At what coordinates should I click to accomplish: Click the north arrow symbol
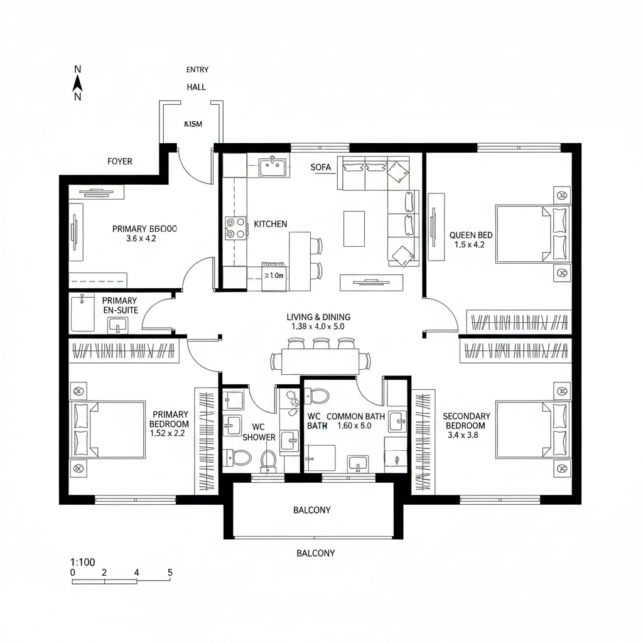(77, 83)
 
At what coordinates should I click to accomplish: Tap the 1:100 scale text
(83, 562)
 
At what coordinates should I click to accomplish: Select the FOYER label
(120, 161)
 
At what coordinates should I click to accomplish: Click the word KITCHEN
(271, 224)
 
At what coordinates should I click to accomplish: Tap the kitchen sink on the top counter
(273, 167)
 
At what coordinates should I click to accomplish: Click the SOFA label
(320, 168)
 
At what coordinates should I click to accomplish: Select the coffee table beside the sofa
(354, 229)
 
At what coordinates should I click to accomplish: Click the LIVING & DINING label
(318, 317)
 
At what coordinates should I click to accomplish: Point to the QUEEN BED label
(471, 235)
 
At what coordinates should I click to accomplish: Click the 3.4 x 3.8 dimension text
(462, 435)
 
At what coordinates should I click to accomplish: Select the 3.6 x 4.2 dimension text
(141, 239)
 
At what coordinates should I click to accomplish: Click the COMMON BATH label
(357, 416)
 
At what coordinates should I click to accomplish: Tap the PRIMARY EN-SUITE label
(119, 305)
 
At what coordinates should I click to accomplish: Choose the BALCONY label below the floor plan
(315, 553)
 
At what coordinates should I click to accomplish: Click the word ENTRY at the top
(197, 70)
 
